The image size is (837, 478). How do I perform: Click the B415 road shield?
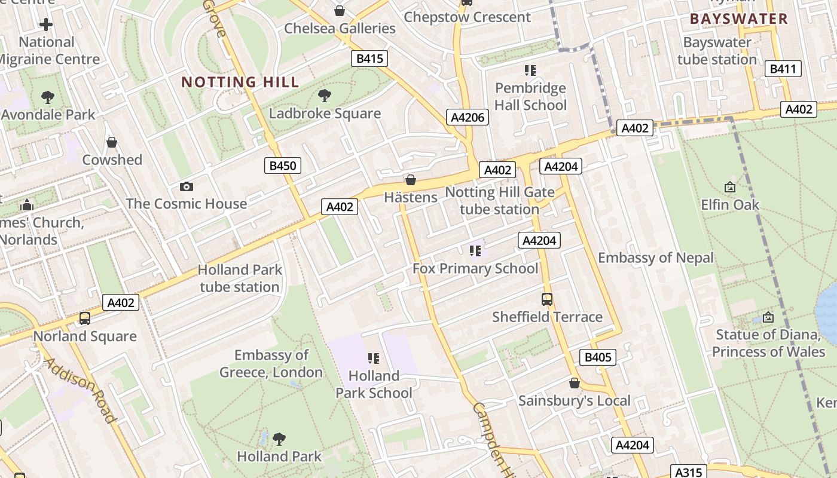(369, 59)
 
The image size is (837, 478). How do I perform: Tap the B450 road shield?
(282, 166)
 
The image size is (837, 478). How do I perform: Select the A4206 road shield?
(467, 117)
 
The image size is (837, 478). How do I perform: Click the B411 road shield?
(783, 69)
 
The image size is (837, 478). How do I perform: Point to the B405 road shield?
(597, 357)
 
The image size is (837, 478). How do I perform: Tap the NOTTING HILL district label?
(240, 82)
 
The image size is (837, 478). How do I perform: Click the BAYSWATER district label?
(739, 19)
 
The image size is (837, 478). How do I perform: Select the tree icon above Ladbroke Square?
(325, 95)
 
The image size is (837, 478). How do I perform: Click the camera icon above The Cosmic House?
(187, 186)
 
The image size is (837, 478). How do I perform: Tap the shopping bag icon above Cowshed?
(112, 142)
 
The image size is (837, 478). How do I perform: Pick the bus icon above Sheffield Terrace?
(547, 299)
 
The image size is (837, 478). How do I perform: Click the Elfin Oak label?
(730, 205)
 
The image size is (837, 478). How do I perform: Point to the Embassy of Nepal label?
(656, 258)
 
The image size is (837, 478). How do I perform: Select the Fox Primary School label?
(475, 269)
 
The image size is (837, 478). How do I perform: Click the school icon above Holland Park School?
(374, 358)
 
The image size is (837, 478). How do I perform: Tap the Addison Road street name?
(80, 390)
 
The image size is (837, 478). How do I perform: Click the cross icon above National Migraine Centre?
(46, 24)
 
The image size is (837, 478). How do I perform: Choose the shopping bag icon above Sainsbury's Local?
(575, 383)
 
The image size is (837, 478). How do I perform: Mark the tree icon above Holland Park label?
(279, 439)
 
